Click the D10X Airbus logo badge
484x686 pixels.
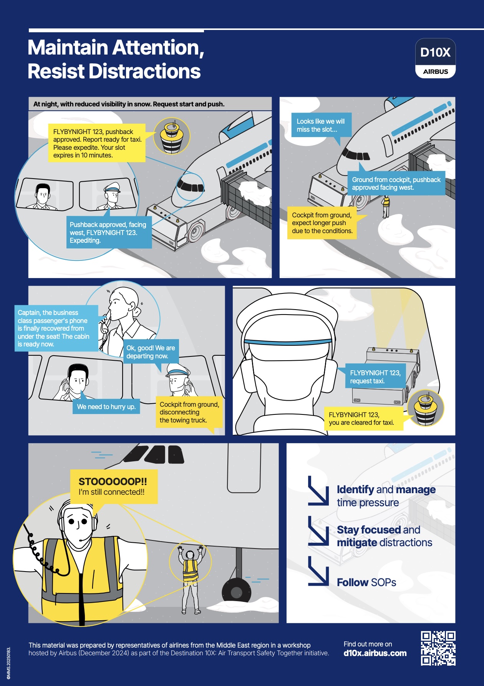(435, 58)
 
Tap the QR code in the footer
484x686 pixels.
(438, 648)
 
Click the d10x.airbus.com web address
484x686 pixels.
(375, 653)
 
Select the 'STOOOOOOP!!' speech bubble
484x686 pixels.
(114, 487)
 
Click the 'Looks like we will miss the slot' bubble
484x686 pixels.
(321, 126)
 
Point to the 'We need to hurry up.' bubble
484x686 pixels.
(106, 406)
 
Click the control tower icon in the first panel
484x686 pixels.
(172, 136)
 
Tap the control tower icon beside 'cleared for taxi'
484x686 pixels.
(426, 408)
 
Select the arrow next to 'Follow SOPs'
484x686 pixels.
(318, 576)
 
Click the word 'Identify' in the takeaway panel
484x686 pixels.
(355, 490)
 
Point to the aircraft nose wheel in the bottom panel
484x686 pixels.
(236, 592)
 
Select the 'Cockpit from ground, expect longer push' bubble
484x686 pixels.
(322, 223)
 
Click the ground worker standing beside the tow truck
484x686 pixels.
(386, 206)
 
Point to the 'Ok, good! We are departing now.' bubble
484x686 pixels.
(151, 352)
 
